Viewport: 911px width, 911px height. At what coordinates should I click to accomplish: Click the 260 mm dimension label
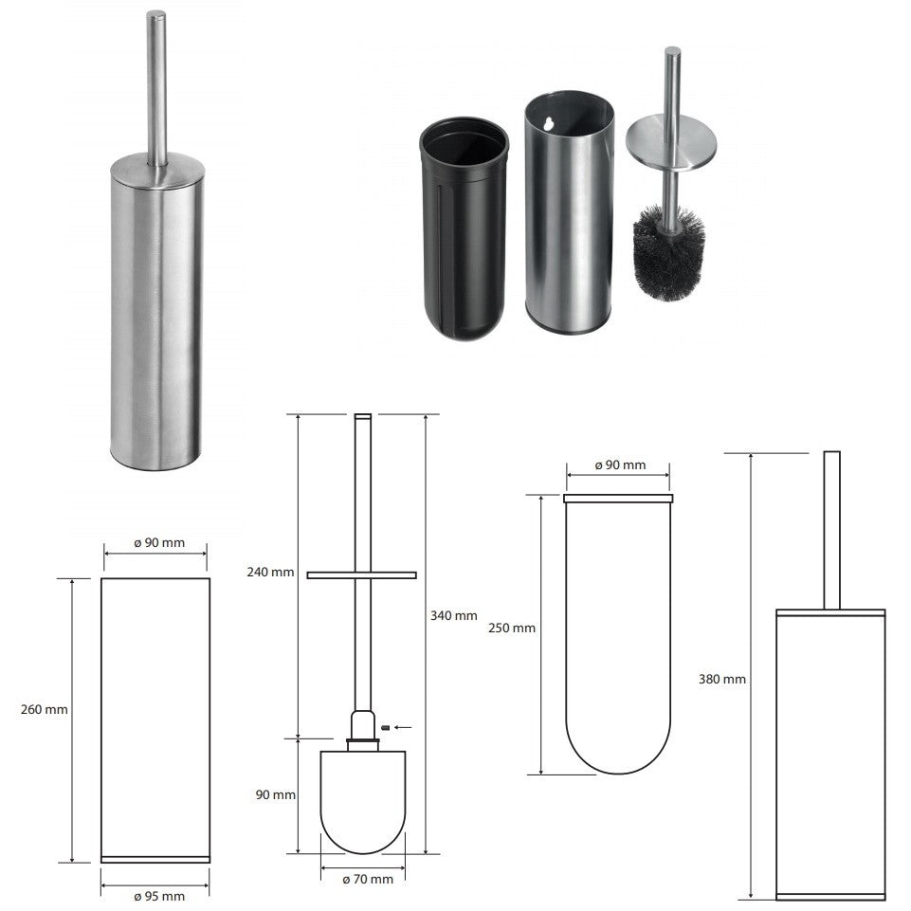click(45, 709)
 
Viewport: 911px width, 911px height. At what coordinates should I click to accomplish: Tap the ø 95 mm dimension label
click(159, 897)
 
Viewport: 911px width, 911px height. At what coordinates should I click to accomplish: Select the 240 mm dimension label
click(270, 573)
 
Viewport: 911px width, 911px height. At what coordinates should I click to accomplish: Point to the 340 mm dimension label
click(454, 616)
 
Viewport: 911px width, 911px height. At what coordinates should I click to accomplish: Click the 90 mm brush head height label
click(276, 794)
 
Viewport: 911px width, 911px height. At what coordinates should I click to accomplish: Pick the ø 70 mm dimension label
click(367, 880)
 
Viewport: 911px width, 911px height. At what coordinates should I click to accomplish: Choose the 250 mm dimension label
click(512, 629)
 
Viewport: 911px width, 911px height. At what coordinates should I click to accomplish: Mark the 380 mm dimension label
click(722, 679)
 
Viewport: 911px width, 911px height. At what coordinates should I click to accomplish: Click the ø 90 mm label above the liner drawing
click(620, 465)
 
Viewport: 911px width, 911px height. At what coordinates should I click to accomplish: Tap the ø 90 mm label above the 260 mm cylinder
click(159, 542)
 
